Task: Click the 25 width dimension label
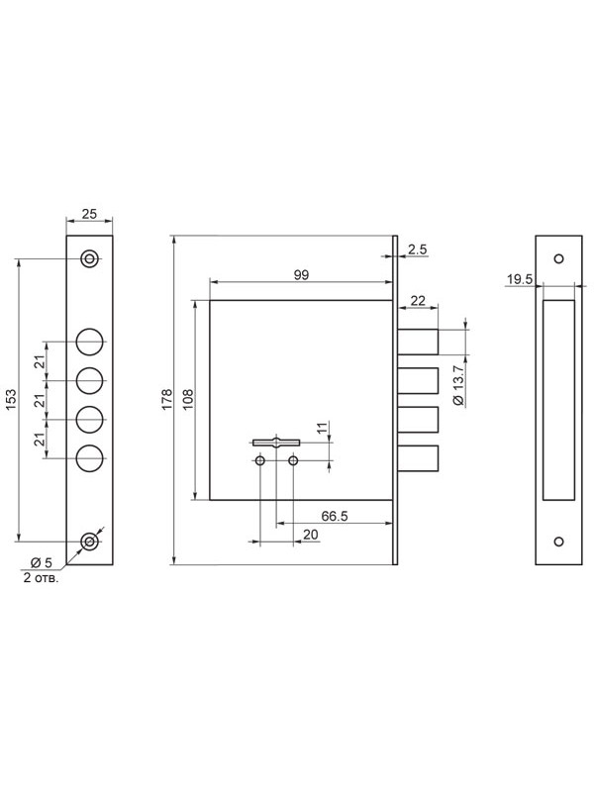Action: (89, 214)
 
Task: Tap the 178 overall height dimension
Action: (167, 400)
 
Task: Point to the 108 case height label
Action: (188, 400)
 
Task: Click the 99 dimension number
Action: (301, 275)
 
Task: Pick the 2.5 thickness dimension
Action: (417, 249)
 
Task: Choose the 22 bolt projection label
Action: (418, 301)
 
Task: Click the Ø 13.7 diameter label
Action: (458, 384)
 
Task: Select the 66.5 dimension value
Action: (335, 516)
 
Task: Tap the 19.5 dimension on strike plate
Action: (520, 279)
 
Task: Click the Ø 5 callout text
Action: (42, 562)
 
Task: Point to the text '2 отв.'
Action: (41, 578)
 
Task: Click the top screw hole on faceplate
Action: (89, 259)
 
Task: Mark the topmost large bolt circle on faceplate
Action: (90, 342)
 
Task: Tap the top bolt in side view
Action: (418, 342)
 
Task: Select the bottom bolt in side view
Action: (418, 458)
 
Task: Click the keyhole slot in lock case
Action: (276, 443)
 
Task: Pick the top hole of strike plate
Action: (558, 259)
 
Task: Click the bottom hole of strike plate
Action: (558, 542)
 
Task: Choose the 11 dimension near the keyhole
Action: (322, 430)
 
